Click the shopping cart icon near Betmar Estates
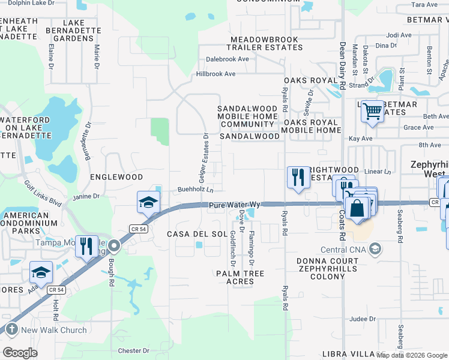click(372, 111)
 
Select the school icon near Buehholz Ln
click(148, 202)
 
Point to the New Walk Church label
click(54, 329)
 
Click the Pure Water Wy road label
click(235, 205)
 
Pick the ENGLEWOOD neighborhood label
click(116, 177)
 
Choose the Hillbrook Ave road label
click(215, 74)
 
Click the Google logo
click(20, 352)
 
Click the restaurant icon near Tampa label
click(86, 246)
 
